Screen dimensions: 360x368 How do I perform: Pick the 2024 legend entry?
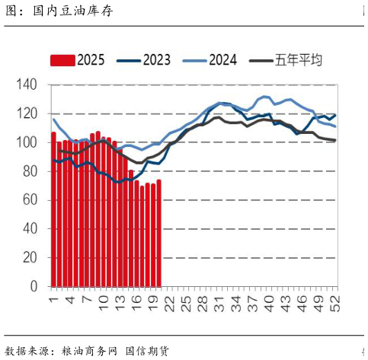pyautogui.click(x=211, y=60)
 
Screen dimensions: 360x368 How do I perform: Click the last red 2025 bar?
pyautogui.click(x=158, y=233)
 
